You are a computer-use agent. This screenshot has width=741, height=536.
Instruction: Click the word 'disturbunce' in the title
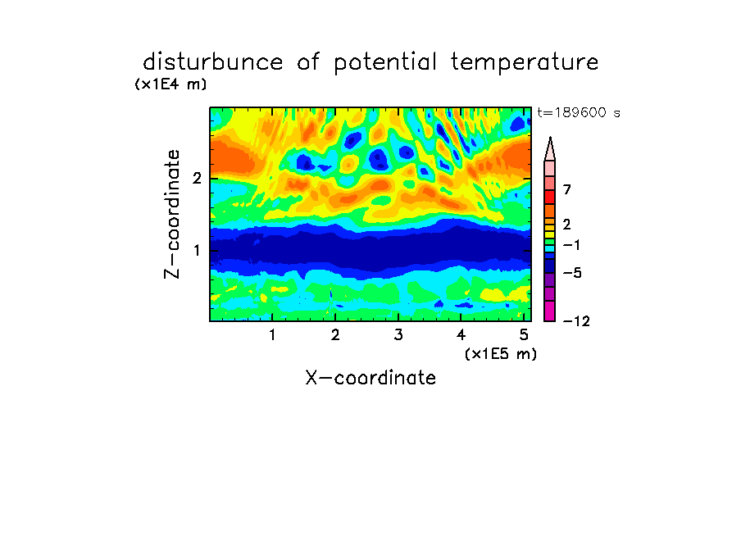point(212,62)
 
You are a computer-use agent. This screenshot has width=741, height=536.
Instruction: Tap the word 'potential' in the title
point(385,63)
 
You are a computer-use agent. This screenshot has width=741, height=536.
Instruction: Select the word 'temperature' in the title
point(525,63)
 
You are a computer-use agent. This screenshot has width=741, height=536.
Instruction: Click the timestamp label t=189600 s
point(579,112)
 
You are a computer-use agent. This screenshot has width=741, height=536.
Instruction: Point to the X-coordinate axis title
point(370,378)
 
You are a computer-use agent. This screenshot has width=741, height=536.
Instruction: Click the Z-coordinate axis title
point(172,214)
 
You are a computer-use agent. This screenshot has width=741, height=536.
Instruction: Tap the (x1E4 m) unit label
point(170,84)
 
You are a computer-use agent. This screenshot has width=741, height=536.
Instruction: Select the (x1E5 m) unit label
point(501,354)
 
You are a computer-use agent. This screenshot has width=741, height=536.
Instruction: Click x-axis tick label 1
point(272,334)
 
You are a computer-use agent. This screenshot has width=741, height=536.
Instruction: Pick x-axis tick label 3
point(398,334)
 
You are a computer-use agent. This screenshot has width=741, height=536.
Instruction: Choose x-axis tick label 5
point(524,334)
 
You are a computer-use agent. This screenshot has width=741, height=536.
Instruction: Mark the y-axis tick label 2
point(197,179)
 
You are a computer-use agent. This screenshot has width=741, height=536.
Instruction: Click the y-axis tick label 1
point(197,250)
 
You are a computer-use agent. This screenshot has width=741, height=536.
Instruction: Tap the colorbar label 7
point(567,189)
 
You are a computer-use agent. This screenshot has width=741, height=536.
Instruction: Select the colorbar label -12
point(576,321)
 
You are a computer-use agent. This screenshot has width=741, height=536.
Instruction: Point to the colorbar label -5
point(572,273)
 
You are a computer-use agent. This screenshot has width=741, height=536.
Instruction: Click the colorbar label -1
point(571,245)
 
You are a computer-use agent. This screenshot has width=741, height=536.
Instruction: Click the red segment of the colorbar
point(550,197)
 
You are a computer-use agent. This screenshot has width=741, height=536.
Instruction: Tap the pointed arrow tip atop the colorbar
point(550,138)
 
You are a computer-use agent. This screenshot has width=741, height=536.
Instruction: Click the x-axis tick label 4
point(461,334)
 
